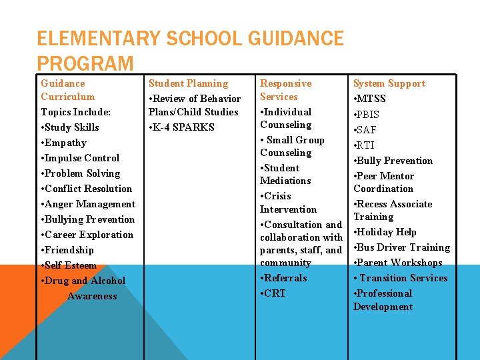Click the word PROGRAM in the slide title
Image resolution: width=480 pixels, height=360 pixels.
(x=85, y=63)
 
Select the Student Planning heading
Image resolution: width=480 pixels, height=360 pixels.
(x=188, y=83)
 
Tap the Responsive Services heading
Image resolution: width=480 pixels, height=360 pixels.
(x=285, y=90)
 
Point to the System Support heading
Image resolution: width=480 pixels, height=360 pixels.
(x=389, y=83)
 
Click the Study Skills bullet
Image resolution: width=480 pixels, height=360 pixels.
(x=70, y=127)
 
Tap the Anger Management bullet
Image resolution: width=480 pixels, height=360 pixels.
(x=88, y=204)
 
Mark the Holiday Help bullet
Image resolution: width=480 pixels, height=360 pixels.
(x=385, y=232)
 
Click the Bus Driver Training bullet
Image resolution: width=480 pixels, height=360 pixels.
(x=401, y=247)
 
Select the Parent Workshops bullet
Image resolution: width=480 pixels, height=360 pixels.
(x=398, y=263)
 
